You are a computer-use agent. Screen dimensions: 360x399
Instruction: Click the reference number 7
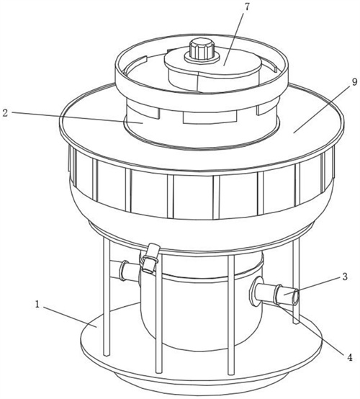[x=246, y=7]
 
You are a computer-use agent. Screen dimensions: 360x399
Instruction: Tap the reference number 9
[x=354, y=82]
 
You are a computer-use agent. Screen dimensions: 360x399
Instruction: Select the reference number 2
[x=5, y=113]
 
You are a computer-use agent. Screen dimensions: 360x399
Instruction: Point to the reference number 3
[x=345, y=277]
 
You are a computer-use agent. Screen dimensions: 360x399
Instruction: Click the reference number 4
[x=350, y=357]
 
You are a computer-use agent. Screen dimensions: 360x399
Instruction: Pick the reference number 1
[x=37, y=305]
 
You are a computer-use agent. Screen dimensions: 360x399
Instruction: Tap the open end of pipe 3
[x=295, y=297]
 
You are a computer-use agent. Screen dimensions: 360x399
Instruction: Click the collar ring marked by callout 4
[x=277, y=295]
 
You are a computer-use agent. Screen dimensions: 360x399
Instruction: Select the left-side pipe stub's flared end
[x=124, y=270]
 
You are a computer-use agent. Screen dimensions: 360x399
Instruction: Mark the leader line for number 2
[x=76, y=117]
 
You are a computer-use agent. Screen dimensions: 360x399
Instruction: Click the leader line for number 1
[x=70, y=317]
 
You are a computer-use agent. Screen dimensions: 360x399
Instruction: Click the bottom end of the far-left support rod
[x=106, y=354]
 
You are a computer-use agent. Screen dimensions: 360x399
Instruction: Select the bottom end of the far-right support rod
[x=296, y=322]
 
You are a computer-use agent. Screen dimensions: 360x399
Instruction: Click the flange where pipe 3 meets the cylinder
[x=253, y=291]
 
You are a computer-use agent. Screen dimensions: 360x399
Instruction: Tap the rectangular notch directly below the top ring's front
[x=210, y=116]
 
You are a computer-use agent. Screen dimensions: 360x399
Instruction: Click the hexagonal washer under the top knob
[x=202, y=58]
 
